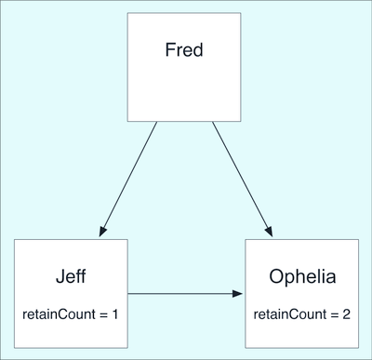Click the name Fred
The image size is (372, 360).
(184, 49)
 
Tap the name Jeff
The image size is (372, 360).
(71, 276)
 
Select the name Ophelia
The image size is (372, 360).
(302, 277)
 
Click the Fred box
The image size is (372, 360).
(184, 67)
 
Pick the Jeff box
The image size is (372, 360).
(71, 294)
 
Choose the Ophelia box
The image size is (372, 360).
(302, 294)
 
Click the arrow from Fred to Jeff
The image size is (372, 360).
(128, 179)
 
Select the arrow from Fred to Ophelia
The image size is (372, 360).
(243, 179)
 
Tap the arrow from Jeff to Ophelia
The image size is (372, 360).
(185, 293)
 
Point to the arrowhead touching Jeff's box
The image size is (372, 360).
(103, 232)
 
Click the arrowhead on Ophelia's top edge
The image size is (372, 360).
(269, 232)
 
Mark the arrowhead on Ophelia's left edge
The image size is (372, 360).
(237, 293)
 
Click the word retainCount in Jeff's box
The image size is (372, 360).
(59, 314)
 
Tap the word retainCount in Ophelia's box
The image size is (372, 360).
(290, 314)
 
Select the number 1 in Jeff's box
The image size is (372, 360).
(114, 314)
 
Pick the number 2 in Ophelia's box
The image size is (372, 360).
(346, 314)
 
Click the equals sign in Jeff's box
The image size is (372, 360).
(103, 315)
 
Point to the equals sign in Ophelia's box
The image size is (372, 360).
(335, 315)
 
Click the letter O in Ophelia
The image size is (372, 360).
(276, 276)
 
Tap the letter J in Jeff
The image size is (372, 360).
(60, 276)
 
